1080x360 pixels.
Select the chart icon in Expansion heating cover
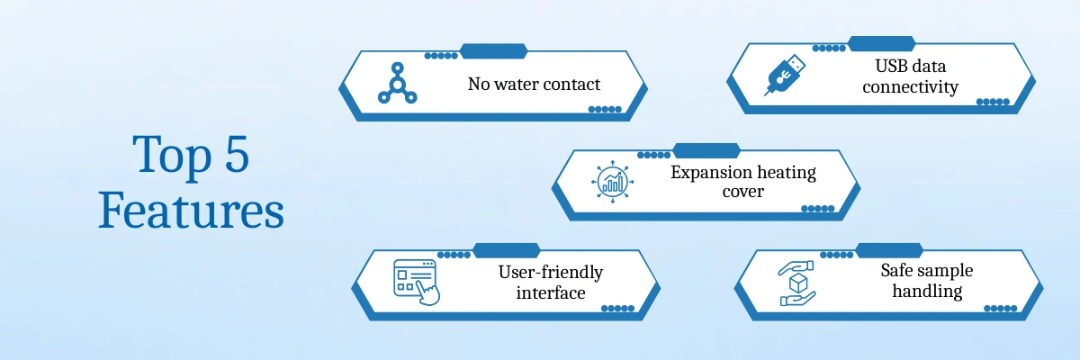[x=613, y=183]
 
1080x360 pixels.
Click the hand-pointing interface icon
[x=416, y=280]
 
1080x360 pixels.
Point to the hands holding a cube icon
[x=795, y=283]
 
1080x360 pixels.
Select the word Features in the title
[x=191, y=211]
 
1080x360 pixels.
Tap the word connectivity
[x=910, y=87]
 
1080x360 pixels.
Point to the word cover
[x=743, y=192]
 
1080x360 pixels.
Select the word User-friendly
[x=550, y=272]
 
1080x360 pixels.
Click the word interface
[x=550, y=292]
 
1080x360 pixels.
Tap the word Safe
[x=899, y=270]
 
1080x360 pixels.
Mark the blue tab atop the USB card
[x=881, y=42]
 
